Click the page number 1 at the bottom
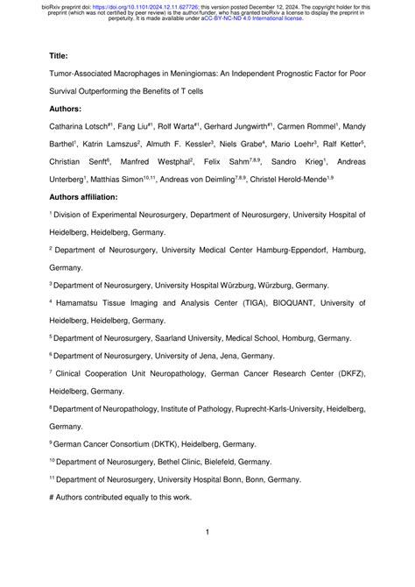[x=207, y=532]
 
